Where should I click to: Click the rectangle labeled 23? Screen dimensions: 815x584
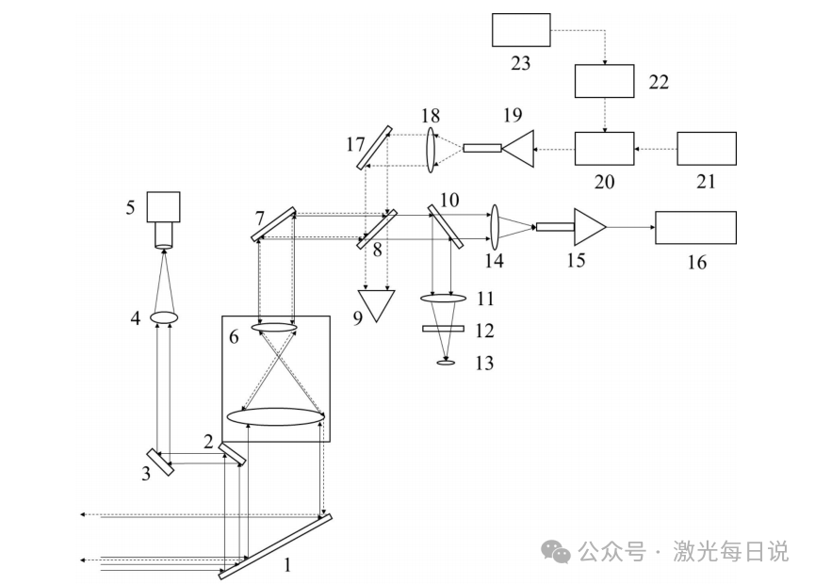[x=521, y=30]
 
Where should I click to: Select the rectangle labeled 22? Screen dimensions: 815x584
[x=605, y=81]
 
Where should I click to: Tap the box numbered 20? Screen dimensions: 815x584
[x=605, y=149]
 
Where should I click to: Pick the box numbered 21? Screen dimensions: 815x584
[x=707, y=149]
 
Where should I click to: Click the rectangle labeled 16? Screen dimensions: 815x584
[x=695, y=228]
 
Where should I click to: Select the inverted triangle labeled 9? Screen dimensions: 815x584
[x=376, y=305]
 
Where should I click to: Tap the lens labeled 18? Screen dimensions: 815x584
[x=430, y=149]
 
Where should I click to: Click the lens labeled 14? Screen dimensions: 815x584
[x=495, y=227]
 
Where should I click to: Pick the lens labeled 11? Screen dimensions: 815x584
[x=443, y=299]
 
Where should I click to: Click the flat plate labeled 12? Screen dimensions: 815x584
[x=443, y=329]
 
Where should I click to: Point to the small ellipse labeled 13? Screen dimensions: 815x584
[x=446, y=362]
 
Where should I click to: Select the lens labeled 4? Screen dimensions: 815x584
[x=164, y=316]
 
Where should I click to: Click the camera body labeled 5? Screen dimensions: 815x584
[x=163, y=207]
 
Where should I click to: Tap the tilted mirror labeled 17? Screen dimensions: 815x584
[x=374, y=148]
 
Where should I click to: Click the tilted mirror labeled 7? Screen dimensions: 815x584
[x=273, y=224]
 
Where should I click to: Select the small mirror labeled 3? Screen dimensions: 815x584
[x=159, y=462]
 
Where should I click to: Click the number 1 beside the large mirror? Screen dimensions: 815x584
[x=287, y=565]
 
